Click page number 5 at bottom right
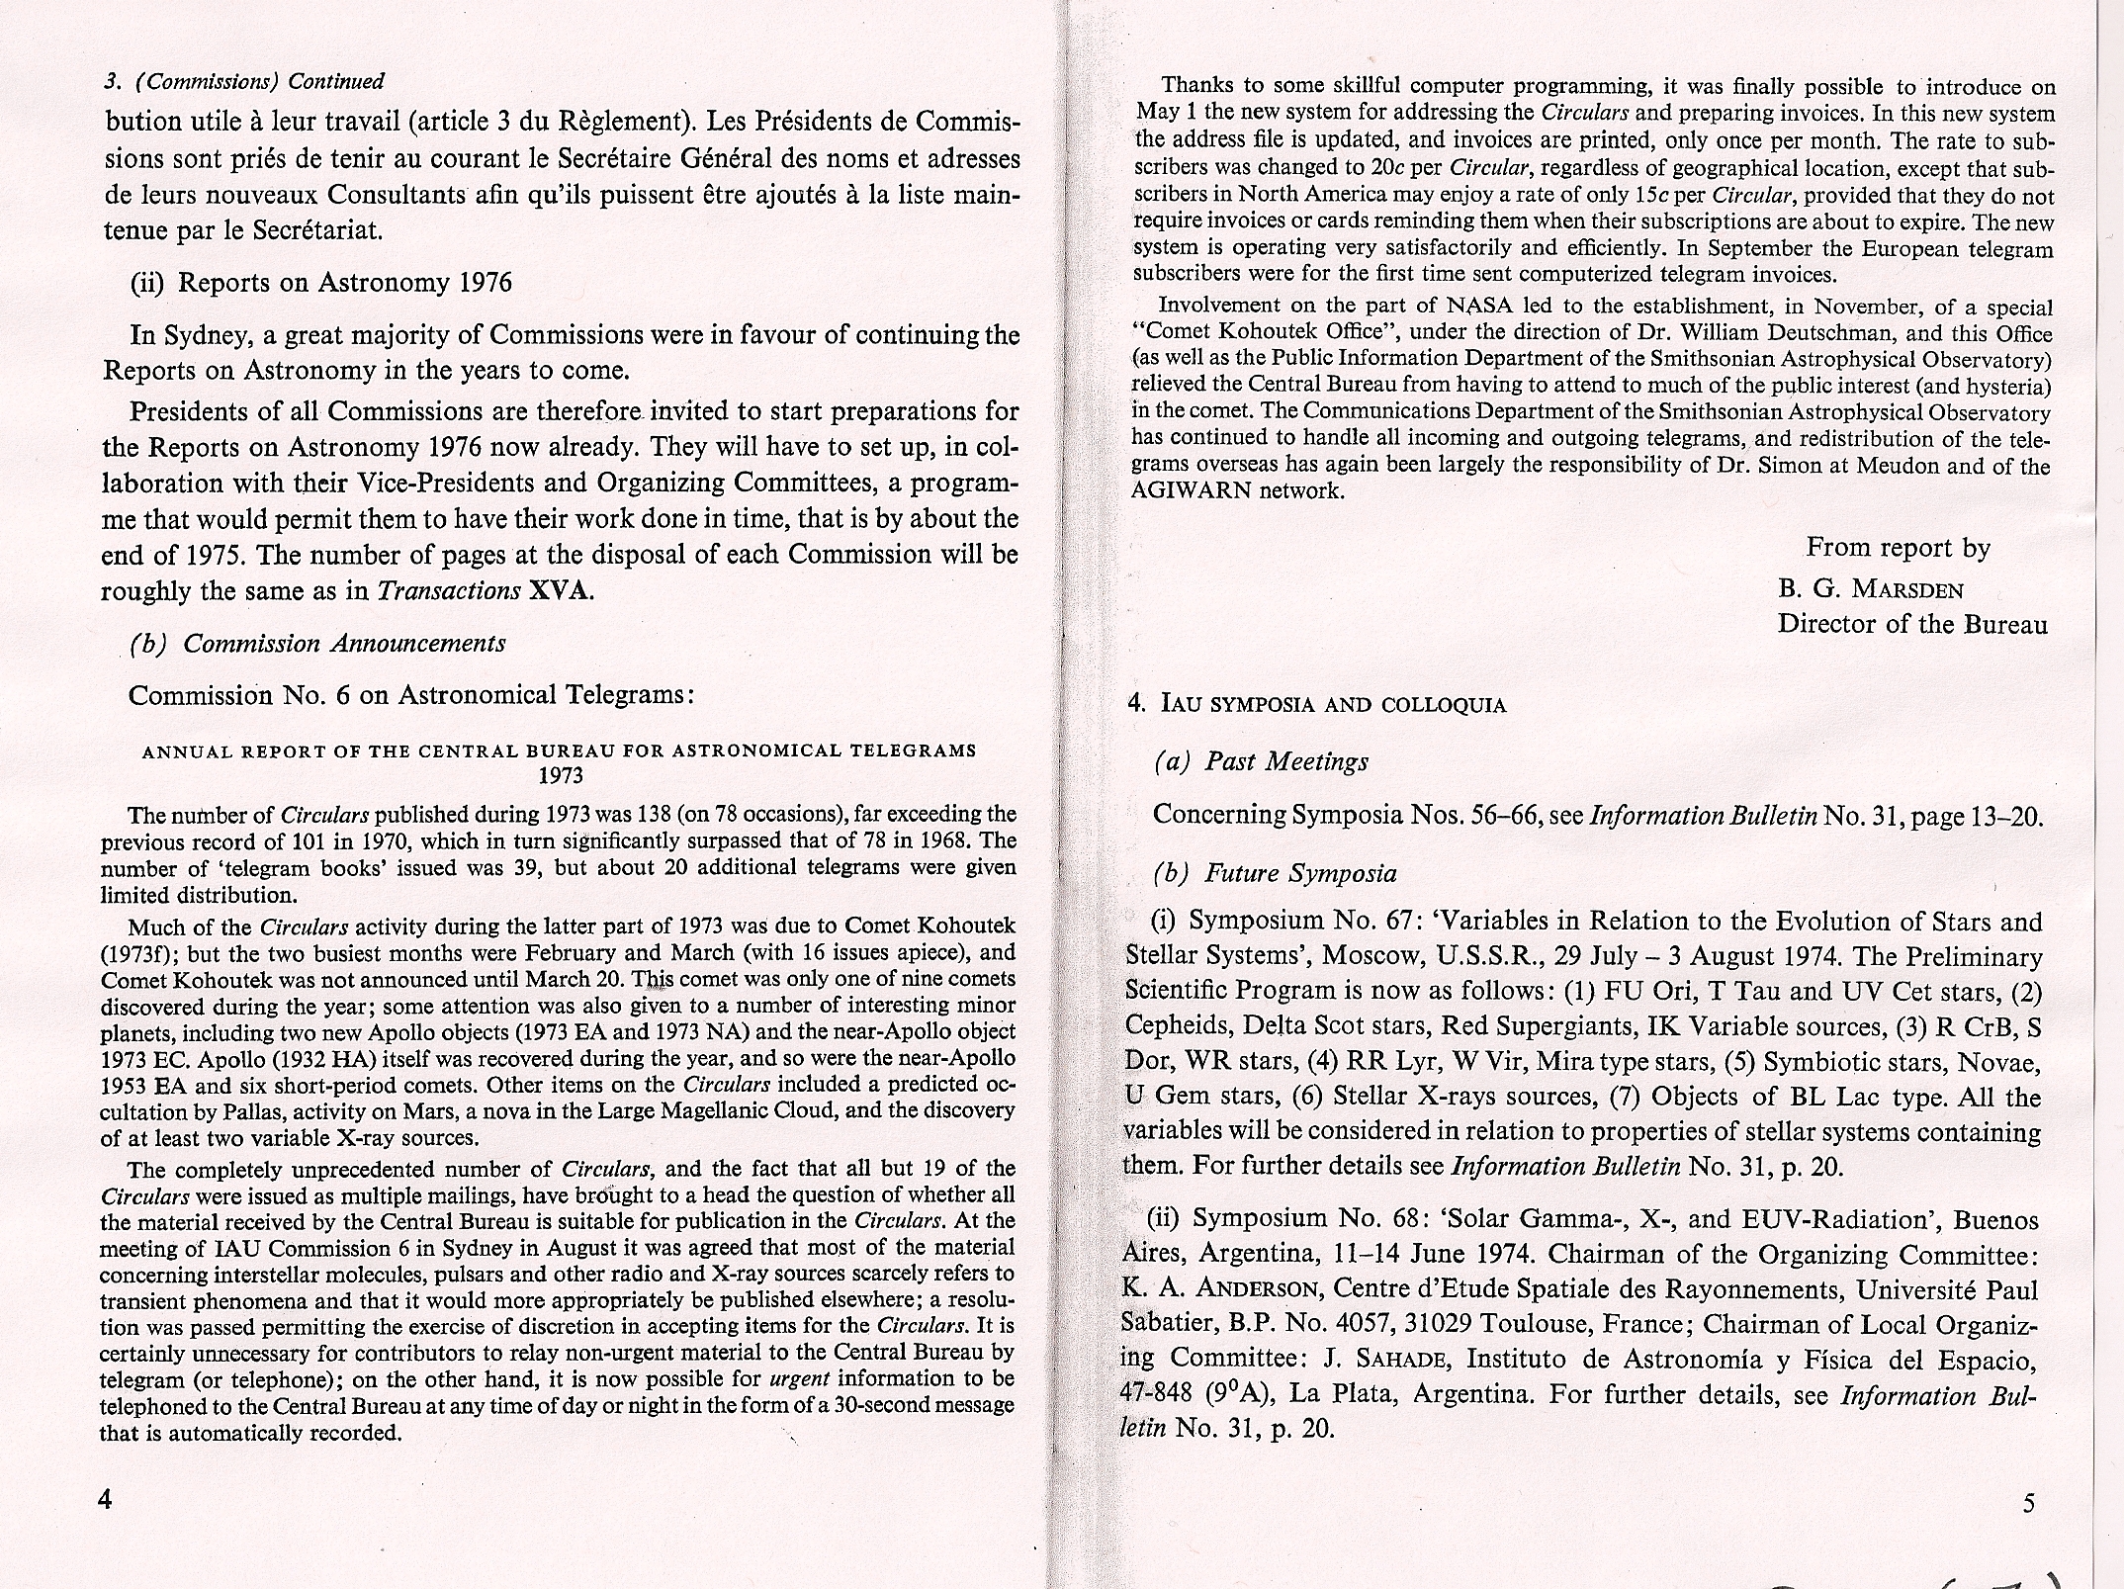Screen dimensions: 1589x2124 (x=2029, y=1504)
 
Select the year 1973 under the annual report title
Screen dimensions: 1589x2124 (x=560, y=775)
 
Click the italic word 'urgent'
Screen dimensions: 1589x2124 (x=797, y=1378)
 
